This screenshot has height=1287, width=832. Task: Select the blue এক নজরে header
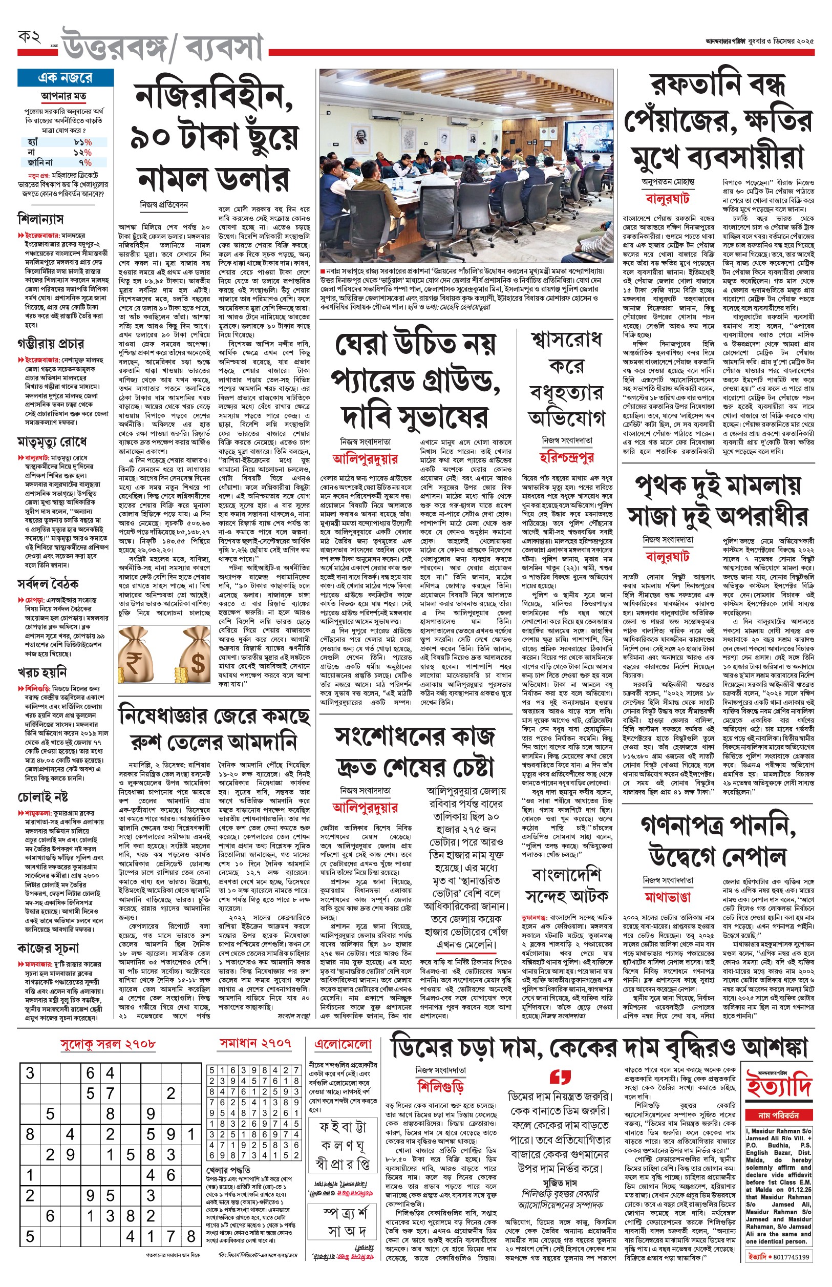(x=66, y=78)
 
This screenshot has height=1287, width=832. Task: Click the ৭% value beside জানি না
(x=85, y=162)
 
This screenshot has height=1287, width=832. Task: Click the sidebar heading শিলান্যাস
(x=40, y=219)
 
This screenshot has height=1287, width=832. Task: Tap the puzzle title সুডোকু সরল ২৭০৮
(x=108, y=1044)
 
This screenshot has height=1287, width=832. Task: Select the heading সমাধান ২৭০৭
(x=255, y=1043)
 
